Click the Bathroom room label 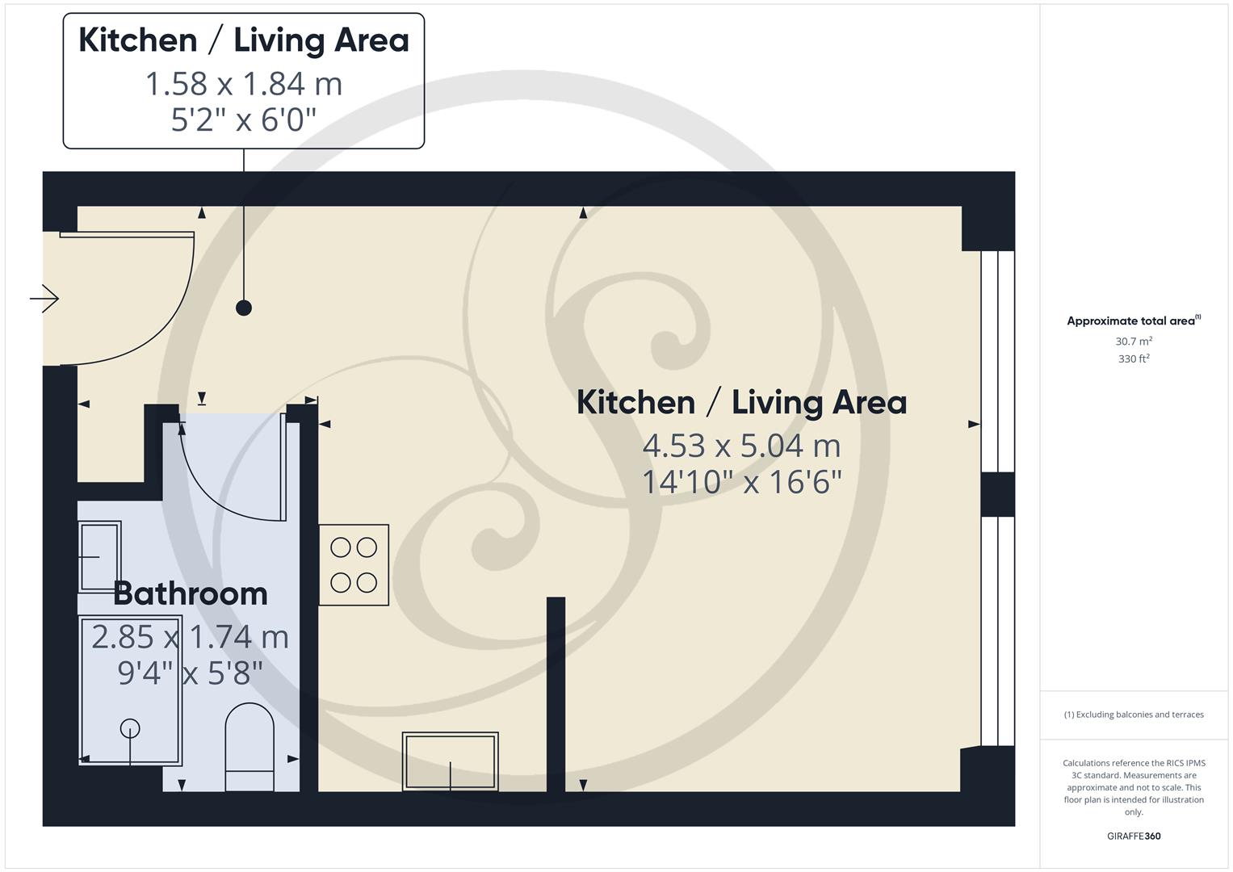pyautogui.click(x=191, y=593)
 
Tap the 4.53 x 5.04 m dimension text pyautogui.click(x=741, y=446)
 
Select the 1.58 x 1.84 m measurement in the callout pyautogui.click(x=244, y=84)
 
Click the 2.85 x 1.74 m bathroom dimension pyautogui.click(x=191, y=637)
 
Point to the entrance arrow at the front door pyautogui.click(x=45, y=300)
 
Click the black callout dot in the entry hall pyautogui.click(x=244, y=308)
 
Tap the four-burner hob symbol pyautogui.click(x=354, y=565)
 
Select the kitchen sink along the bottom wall pyautogui.click(x=451, y=761)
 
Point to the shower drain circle pyautogui.click(x=130, y=728)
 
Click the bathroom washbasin pyautogui.click(x=99, y=556)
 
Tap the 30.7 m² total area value pyautogui.click(x=1134, y=342)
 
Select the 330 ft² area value pyautogui.click(x=1134, y=358)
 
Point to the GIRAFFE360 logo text pyautogui.click(x=1134, y=836)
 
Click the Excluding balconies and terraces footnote pyautogui.click(x=1134, y=715)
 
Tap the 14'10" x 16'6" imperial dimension pyautogui.click(x=741, y=483)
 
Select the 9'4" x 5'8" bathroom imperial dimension pyautogui.click(x=191, y=673)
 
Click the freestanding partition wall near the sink pyautogui.click(x=556, y=694)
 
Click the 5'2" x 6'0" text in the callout pyautogui.click(x=244, y=120)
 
